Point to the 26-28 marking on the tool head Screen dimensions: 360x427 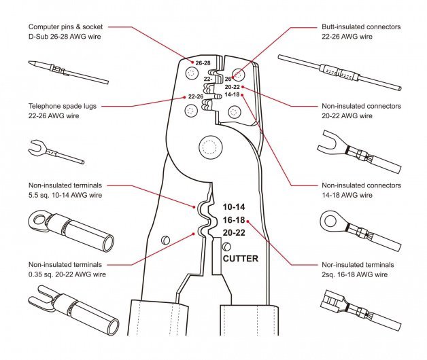(x=203, y=62)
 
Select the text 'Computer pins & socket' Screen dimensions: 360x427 (x=69, y=26)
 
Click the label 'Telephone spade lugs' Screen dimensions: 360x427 (x=65, y=106)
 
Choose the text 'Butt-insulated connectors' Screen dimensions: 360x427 (x=360, y=26)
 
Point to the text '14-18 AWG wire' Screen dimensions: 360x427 (x=347, y=195)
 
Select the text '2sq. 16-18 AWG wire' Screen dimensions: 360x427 (x=354, y=274)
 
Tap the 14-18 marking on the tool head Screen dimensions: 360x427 (x=232, y=94)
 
